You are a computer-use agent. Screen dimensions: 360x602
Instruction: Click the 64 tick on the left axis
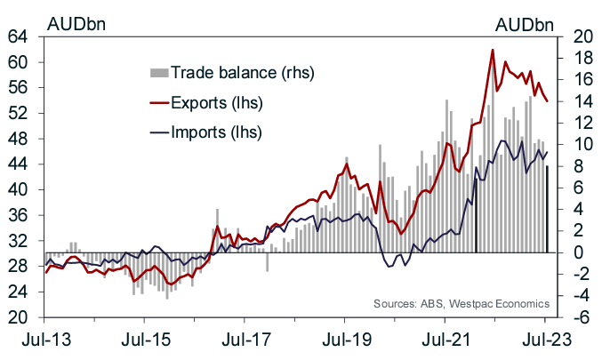tap(18, 37)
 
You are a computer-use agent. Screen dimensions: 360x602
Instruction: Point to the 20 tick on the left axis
tap(18, 317)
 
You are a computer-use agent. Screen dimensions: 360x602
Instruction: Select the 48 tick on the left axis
tap(18, 139)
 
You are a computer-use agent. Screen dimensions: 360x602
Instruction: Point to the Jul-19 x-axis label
tap(345, 340)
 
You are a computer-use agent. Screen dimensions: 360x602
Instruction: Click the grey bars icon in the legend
tap(157, 71)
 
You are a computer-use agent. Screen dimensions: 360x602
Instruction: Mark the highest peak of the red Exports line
tap(492, 51)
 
